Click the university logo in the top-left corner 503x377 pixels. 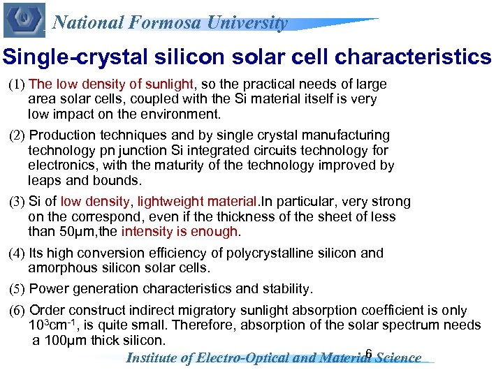click(x=24, y=20)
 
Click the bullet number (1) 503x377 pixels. click(x=17, y=85)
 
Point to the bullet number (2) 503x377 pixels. click(x=17, y=135)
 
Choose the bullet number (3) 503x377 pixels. click(x=17, y=202)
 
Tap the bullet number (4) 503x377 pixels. click(x=17, y=253)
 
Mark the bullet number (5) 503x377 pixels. click(x=17, y=289)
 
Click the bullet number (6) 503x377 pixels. click(x=17, y=311)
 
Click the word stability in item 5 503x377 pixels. click(x=286, y=288)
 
